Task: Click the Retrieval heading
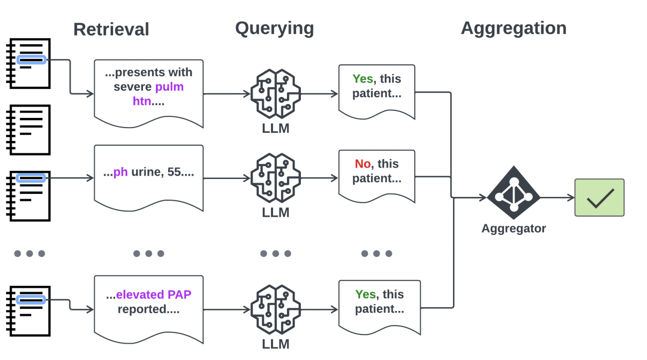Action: point(111,29)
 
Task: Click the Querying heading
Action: point(274,28)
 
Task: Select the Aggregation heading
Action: point(514,28)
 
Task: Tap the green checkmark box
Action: point(599,197)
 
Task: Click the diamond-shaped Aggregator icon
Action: point(514,193)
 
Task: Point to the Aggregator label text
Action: point(514,229)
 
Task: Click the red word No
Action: point(362,164)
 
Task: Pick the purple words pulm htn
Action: point(158,94)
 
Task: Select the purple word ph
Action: point(120,172)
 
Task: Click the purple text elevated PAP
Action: point(154,295)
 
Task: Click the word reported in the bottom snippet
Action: point(142,309)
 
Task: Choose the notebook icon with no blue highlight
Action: point(28,130)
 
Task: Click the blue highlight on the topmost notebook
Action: point(31,60)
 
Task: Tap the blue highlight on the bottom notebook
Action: point(31,300)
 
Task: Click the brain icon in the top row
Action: point(275,94)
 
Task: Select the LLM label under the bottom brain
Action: point(275,344)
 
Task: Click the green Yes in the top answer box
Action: point(363,79)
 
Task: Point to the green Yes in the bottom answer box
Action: point(365,295)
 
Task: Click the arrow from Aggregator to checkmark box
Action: point(557,197)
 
